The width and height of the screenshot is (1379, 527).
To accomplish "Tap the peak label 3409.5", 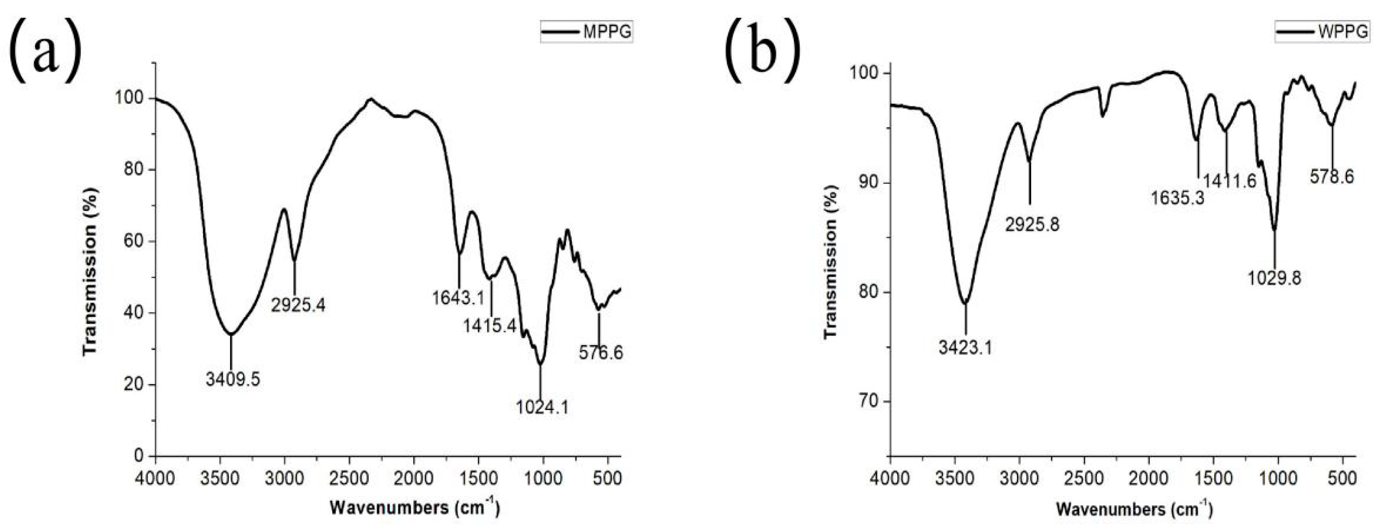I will click(x=233, y=379).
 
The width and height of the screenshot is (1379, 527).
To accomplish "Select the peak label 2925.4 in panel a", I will click(x=298, y=305).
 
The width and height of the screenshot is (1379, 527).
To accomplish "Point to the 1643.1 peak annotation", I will click(x=458, y=298).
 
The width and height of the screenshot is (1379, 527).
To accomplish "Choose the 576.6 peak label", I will click(x=601, y=352).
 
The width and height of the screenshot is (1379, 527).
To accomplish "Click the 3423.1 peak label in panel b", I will click(x=965, y=348).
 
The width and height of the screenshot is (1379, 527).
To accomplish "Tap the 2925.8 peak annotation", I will click(x=1032, y=225).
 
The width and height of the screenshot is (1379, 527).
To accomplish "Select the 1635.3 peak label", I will click(x=1178, y=198).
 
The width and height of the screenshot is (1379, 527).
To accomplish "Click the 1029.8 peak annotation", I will click(x=1274, y=278).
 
